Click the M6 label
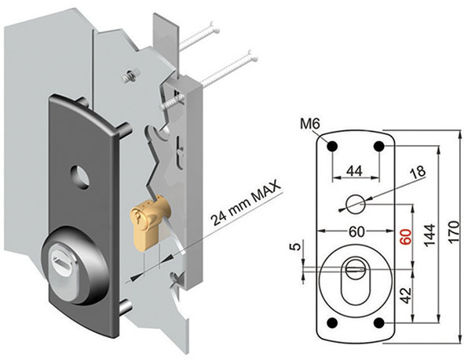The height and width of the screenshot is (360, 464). click(310, 125)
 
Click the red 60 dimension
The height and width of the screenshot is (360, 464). click(406, 237)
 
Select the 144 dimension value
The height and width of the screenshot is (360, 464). click(429, 235)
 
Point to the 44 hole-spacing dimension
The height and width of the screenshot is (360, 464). click(355, 170)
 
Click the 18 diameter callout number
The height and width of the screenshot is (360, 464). click(417, 172)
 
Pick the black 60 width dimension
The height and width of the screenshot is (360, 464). click(356, 232)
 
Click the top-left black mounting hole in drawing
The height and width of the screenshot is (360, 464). click(332, 146)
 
